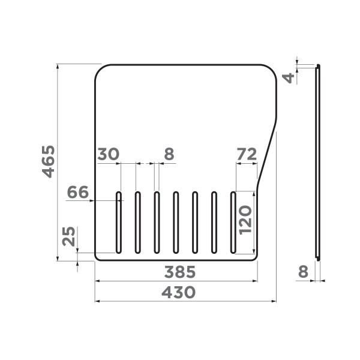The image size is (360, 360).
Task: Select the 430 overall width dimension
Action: click(179, 292)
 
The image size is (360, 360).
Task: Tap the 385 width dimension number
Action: click(179, 272)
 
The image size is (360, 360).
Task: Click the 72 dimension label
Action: click(247, 154)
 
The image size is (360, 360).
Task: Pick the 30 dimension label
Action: click(107, 154)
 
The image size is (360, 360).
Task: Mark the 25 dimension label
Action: click(69, 237)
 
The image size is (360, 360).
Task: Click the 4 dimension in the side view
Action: click(290, 77)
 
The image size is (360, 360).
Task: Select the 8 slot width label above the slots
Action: click(169, 154)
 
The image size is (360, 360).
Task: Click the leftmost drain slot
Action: click(119, 222)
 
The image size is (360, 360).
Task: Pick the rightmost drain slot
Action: click(233, 222)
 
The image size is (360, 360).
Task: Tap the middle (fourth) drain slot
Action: click(176, 222)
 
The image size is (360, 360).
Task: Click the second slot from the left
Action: click(137, 222)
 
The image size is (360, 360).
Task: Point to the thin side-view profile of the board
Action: click(318, 162)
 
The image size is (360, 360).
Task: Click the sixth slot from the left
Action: click(214, 222)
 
